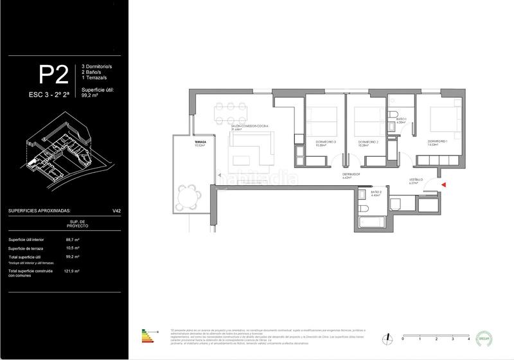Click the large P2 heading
pos(54,76)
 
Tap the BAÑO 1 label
pos(402,120)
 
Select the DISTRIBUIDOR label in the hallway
pos(351,174)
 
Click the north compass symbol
pos(388,337)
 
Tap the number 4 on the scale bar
pos(469,338)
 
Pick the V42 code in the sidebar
pos(117,210)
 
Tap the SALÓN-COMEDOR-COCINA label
pos(251,126)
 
